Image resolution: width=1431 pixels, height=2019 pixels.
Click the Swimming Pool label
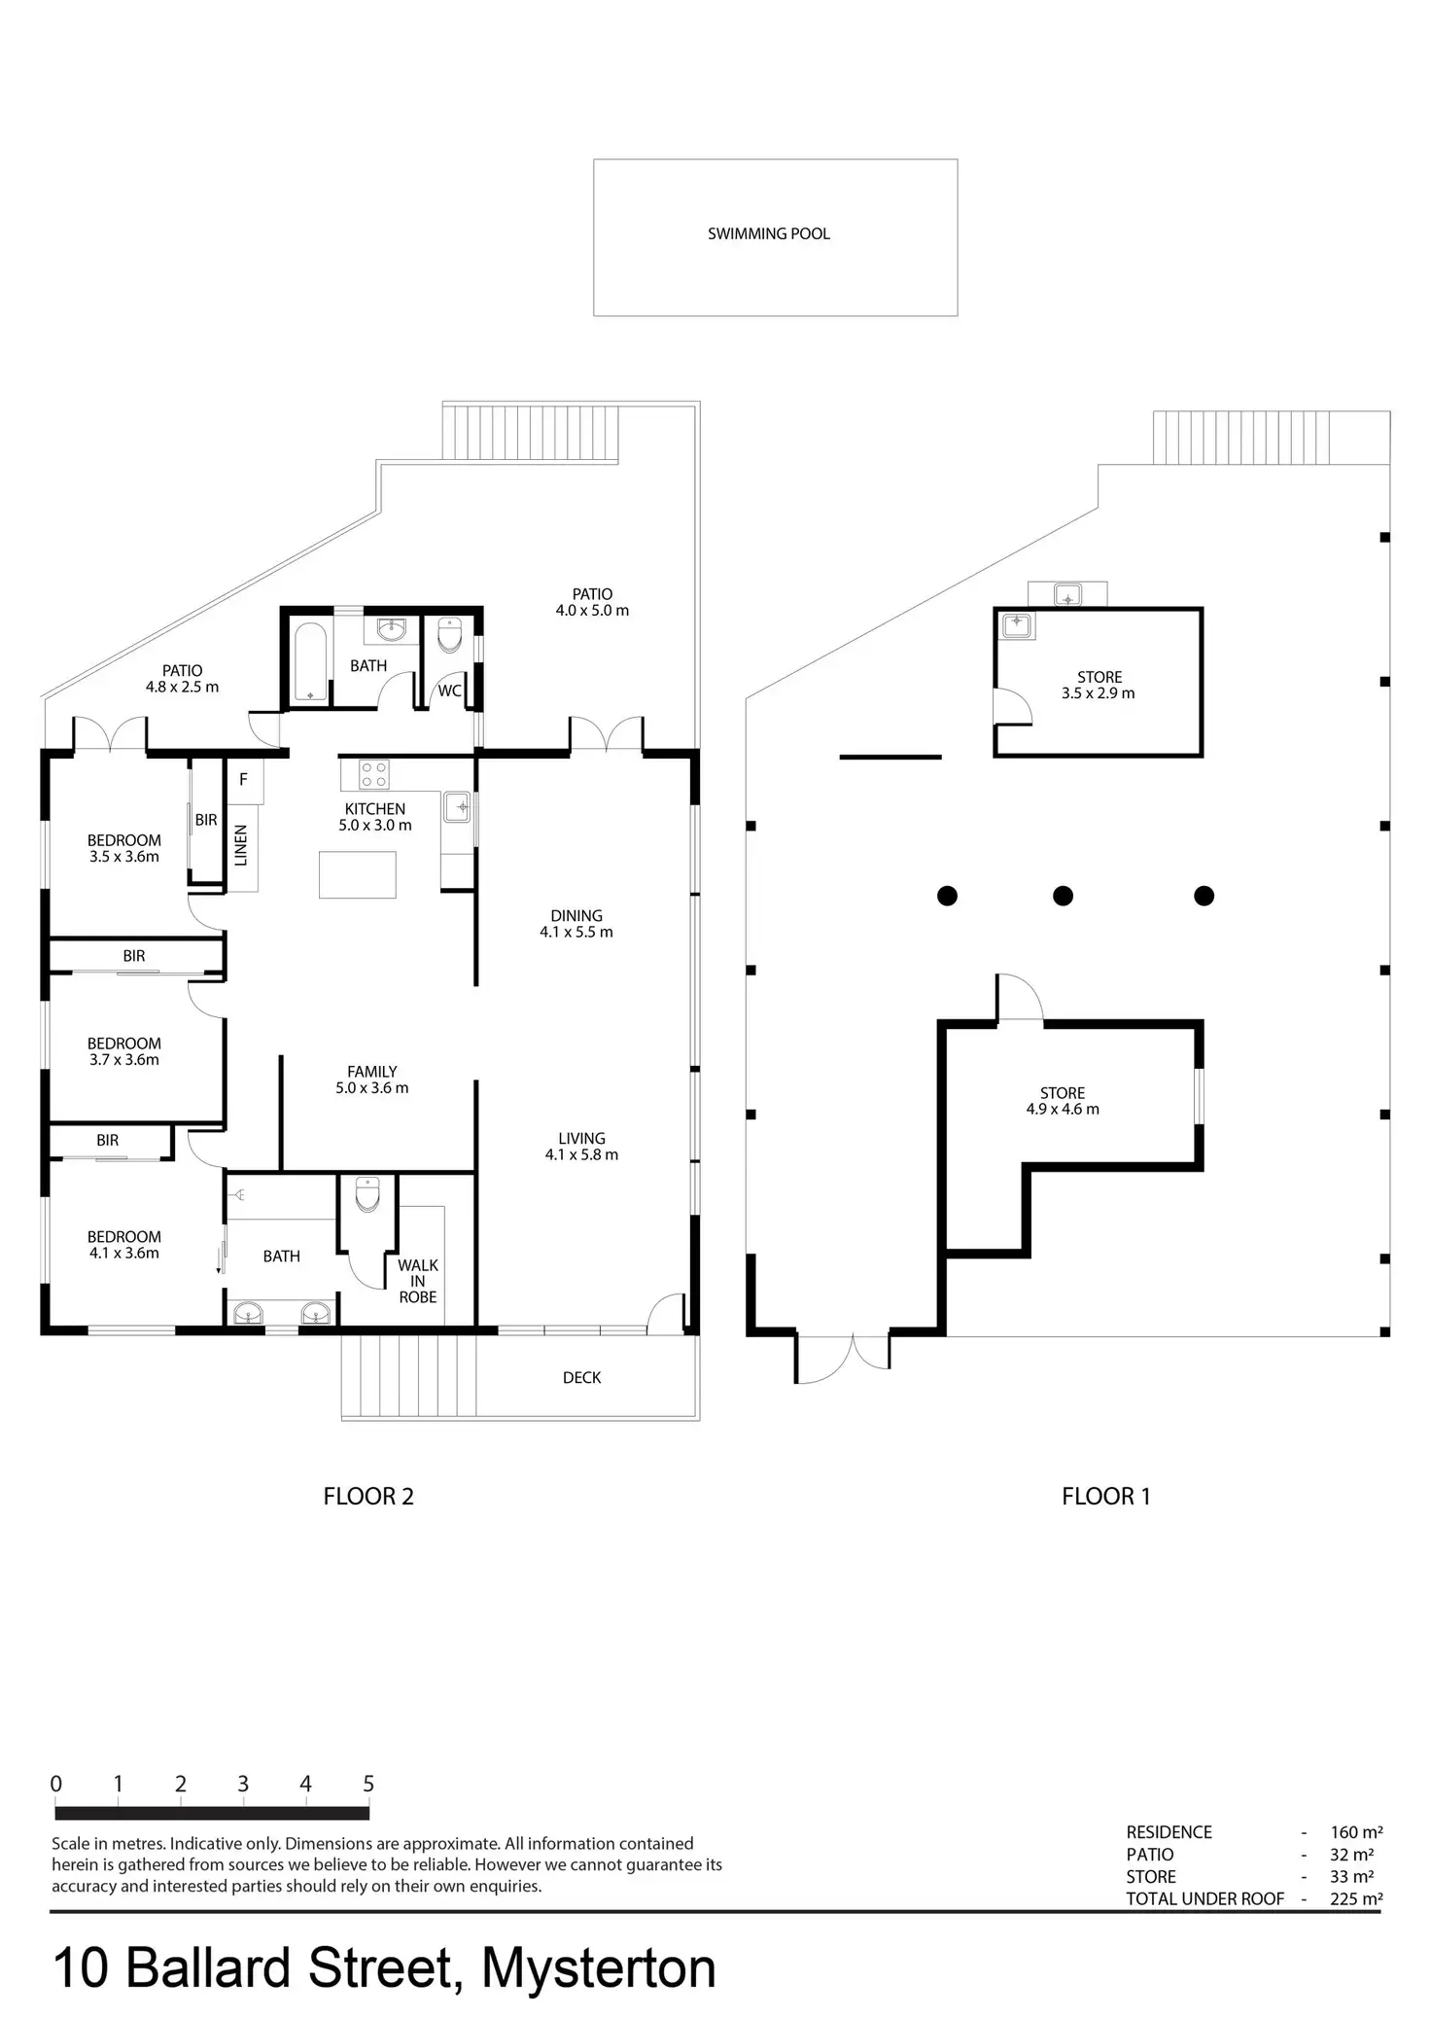(x=768, y=233)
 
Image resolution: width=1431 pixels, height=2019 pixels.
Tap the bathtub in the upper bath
(x=311, y=662)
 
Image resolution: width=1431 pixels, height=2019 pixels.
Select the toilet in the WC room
(x=450, y=637)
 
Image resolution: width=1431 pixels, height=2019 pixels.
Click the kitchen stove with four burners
(x=375, y=774)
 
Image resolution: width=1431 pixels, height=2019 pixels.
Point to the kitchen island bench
(x=358, y=873)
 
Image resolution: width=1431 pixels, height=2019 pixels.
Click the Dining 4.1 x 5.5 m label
(x=576, y=924)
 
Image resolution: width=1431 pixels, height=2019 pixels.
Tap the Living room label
(x=581, y=1147)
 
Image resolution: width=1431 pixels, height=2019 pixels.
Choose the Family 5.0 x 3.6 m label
(x=371, y=1080)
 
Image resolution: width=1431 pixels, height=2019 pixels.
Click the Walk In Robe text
(x=418, y=1281)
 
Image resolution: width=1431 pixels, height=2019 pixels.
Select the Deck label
(x=581, y=1377)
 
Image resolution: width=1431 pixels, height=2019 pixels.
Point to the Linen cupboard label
(x=241, y=844)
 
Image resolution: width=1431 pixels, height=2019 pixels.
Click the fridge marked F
(x=243, y=780)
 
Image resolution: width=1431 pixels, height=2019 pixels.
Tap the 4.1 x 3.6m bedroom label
(x=123, y=1245)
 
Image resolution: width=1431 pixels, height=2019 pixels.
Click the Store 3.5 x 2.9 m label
(x=1099, y=685)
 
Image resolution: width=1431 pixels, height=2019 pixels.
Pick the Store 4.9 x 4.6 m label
(x=1063, y=1101)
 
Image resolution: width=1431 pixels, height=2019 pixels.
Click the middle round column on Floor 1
(x=1063, y=896)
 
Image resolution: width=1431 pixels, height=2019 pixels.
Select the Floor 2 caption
(x=368, y=1497)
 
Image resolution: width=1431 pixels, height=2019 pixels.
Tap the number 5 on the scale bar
(x=368, y=1784)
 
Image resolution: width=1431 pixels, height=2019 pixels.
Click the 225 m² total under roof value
(x=1356, y=1898)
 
